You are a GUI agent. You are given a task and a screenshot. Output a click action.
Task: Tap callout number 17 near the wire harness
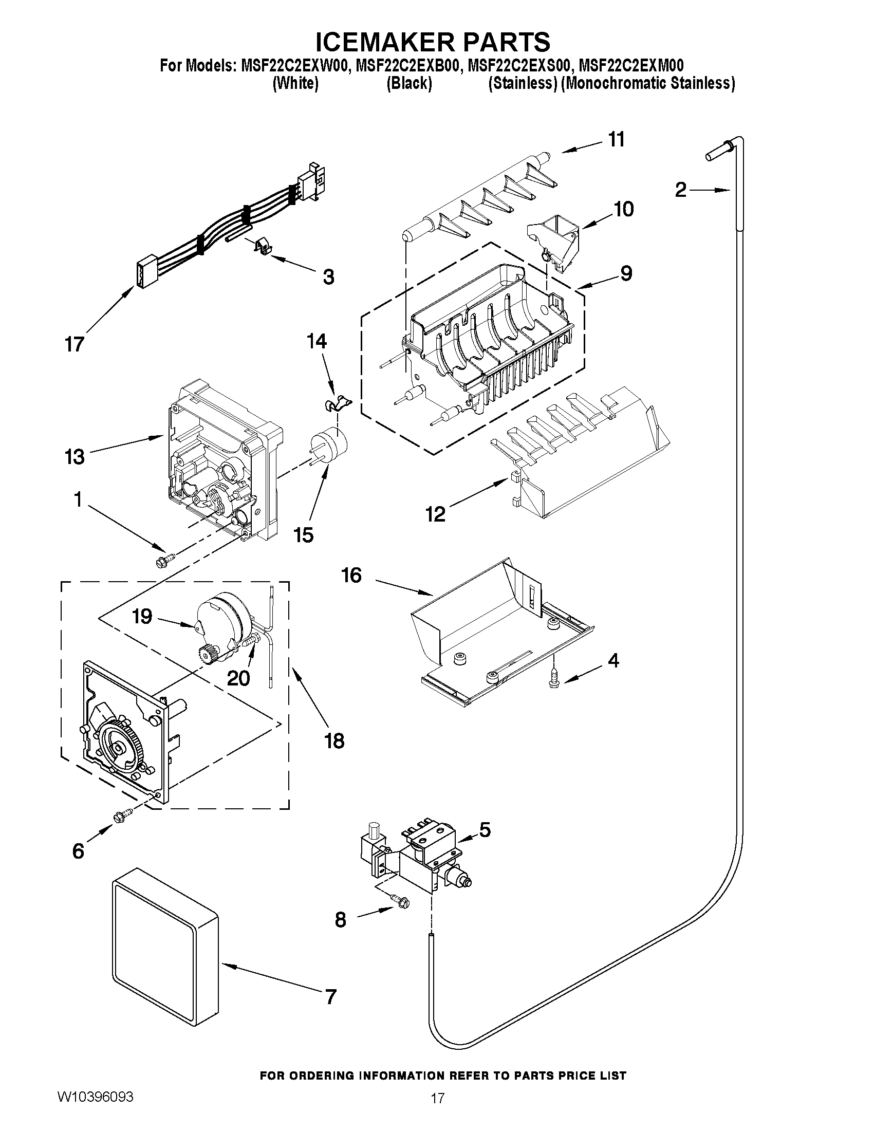point(75,344)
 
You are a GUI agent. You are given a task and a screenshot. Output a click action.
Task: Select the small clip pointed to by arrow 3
point(264,247)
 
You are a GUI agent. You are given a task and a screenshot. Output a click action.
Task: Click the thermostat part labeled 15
point(328,447)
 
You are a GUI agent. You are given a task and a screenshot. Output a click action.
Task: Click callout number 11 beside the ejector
point(616,139)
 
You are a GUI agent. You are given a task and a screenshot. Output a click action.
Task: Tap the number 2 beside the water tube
point(681,191)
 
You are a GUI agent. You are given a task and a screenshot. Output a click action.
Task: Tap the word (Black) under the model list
point(409,83)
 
